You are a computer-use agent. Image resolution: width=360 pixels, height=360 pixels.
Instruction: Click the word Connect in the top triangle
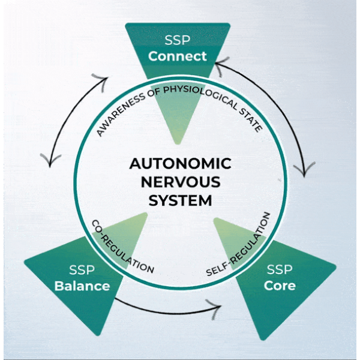tap(178, 56)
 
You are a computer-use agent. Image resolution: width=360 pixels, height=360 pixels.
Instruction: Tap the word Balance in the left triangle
tap(82, 286)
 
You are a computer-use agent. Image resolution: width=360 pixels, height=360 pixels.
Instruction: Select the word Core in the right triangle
tap(280, 285)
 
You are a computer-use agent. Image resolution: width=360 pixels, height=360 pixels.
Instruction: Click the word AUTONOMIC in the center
tap(181, 163)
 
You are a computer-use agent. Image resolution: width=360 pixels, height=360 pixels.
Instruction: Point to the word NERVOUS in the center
tap(181, 181)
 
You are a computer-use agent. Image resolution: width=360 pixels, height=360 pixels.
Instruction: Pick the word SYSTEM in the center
tap(181, 200)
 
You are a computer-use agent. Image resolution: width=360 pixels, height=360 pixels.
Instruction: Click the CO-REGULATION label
tap(122, 247)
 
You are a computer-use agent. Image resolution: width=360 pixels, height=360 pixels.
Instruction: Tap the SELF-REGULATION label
tap(239, 245)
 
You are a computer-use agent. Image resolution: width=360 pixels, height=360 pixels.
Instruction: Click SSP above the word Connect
tap(178, 41)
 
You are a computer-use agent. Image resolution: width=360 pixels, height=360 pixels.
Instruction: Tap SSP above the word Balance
tap(82, 270)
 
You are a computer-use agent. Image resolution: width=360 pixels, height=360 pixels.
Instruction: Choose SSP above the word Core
tap(280, 269)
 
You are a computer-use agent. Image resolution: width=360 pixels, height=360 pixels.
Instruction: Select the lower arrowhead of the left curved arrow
tap(49, 160)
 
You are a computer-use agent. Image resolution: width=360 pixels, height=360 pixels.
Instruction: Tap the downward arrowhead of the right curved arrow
tap(305, 169)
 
